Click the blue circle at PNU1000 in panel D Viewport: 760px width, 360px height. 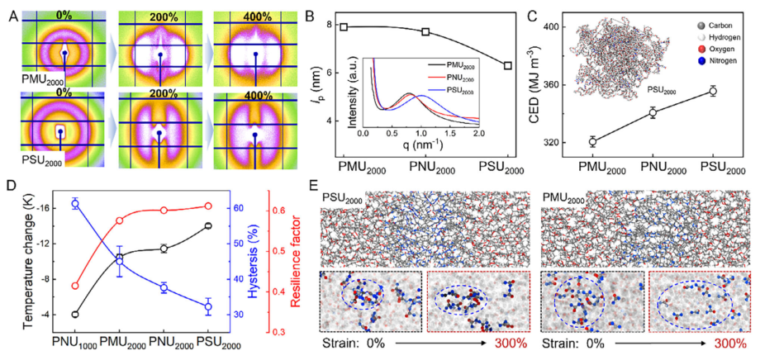tap(75, 203)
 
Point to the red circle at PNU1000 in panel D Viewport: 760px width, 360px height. tap(75, 286)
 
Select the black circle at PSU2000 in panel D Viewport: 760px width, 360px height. tap(207, 225)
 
